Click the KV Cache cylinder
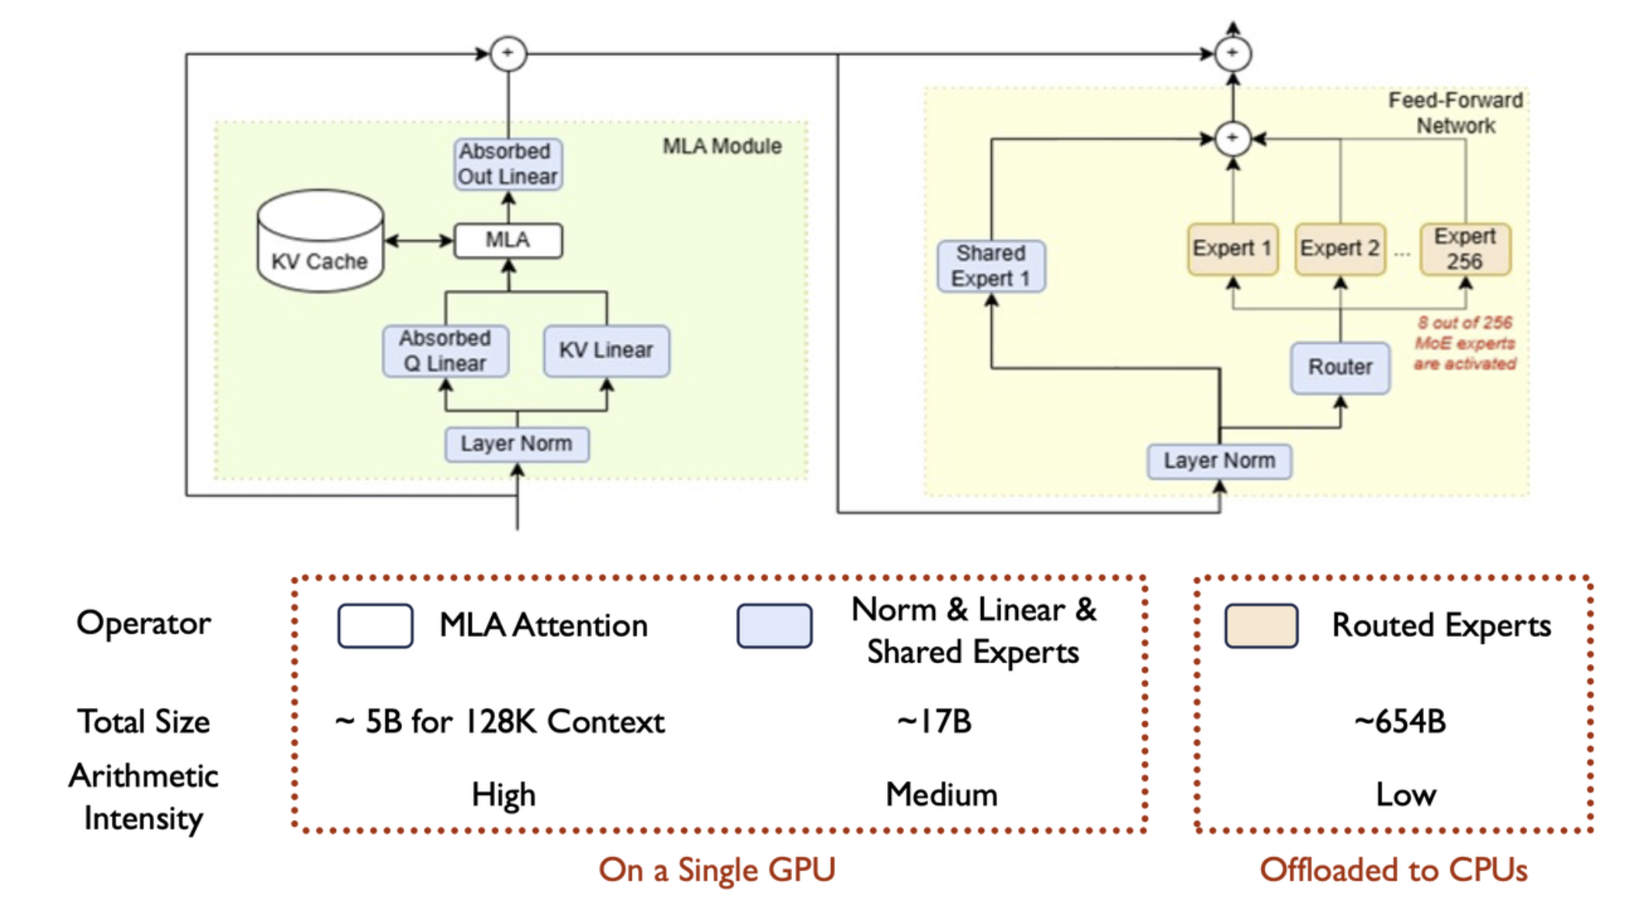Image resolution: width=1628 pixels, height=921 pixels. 320,242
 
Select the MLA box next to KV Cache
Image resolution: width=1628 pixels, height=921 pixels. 508,240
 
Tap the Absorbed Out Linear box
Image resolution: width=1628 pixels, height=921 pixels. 507,164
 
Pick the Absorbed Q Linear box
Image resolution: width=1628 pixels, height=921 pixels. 445,351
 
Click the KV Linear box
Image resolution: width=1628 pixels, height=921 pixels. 606,350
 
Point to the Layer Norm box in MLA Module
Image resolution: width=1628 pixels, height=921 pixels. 517,444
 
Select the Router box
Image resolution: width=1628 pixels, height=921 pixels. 1340,367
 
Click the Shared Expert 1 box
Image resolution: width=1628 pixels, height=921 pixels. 991,266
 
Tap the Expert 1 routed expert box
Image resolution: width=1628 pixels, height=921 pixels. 1232,248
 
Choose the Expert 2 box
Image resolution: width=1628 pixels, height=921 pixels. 1340,248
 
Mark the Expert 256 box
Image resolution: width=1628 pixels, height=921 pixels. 1465,248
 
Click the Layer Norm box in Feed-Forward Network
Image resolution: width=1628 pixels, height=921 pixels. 1219,461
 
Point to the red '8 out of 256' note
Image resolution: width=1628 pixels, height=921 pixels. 1464,343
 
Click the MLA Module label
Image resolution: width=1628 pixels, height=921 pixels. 722,147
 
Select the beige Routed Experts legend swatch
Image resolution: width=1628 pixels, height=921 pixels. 1261,626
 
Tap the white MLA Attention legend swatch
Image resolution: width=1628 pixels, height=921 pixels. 375,626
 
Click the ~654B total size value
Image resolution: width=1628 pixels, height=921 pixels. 1401,722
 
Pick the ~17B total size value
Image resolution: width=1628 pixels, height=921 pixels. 934,722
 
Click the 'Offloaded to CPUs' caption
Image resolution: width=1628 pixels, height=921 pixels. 1394,871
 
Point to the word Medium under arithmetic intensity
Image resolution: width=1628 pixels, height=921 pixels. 941,795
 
